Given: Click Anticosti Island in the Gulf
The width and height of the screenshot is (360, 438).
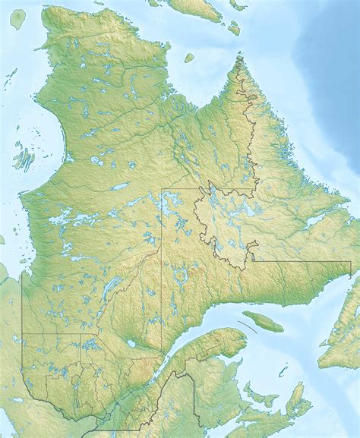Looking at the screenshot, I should coord(263,322).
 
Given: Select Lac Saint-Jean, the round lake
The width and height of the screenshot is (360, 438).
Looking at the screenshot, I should coord(131,344).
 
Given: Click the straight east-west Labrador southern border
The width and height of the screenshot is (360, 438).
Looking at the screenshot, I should coord(304,261).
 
